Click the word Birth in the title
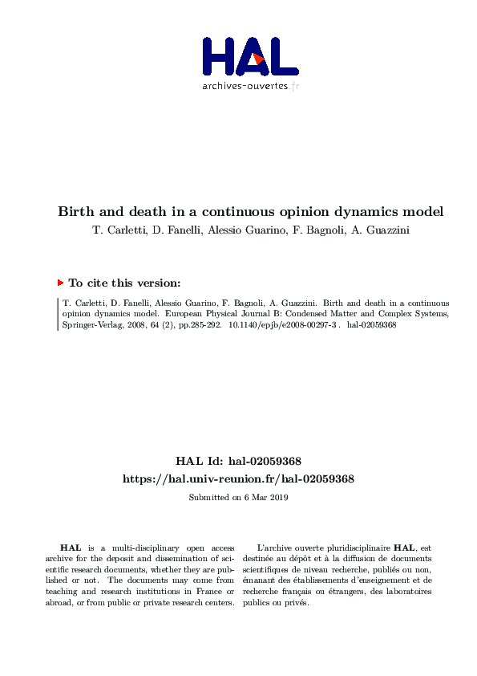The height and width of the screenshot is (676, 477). (x=75, y=213)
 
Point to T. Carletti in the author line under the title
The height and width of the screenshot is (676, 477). (x=109, y=232)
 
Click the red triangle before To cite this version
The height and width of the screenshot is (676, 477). (x=60, y=283)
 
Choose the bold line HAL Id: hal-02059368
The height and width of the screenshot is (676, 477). (x=238, y=461)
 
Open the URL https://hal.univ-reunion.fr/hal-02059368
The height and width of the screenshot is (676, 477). (x=238, y=478)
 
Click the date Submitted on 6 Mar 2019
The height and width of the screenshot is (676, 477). (x=238, y=498)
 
